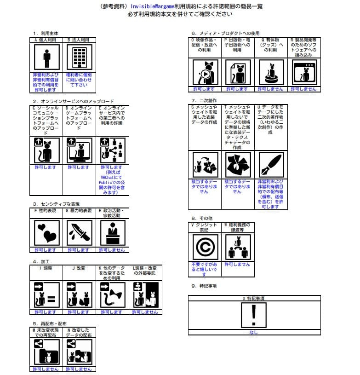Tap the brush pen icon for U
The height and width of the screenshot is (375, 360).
270,165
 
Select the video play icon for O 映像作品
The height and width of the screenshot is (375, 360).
205,73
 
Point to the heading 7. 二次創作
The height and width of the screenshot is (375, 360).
204,100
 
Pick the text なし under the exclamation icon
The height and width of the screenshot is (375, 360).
253,332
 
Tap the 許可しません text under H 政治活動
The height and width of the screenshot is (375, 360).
112,250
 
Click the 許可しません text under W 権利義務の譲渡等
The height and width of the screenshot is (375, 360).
237,265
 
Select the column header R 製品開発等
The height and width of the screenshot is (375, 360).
303,47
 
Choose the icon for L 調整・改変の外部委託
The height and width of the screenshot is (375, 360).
145,295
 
